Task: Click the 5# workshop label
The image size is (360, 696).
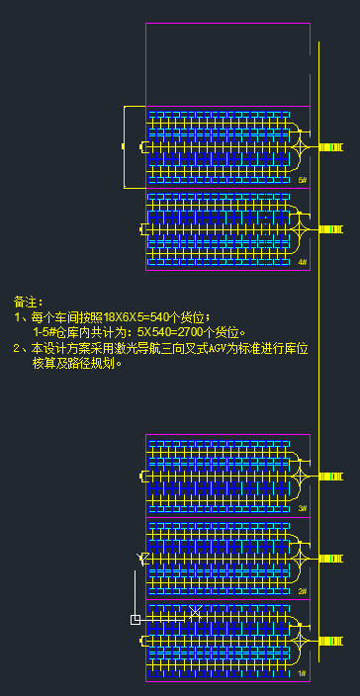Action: click(x=303, y=181)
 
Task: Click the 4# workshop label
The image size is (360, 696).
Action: click(x=303, y=263)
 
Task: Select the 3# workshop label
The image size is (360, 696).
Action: click(x=303, y=509)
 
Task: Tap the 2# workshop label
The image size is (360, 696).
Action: click(x=303, y=591)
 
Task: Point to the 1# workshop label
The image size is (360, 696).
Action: click(x=303, y=673)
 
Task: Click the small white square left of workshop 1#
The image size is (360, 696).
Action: click(x=135, y=620)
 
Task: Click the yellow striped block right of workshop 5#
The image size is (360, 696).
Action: click(x=330, y=147)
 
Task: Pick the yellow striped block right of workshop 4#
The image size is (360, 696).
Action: click(x=330, y=229)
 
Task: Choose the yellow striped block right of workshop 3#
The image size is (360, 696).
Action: click(x=330, y=477)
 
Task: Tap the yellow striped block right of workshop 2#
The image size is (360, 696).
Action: click(x=330, y=559)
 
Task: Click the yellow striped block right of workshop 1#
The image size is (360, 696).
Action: click(x=330, y=641)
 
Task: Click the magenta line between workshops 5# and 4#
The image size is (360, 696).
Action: click(x=227, y=188)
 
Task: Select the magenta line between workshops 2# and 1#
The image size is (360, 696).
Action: click(x=227, y=599)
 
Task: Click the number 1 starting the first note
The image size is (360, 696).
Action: click(x=17, y=317)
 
